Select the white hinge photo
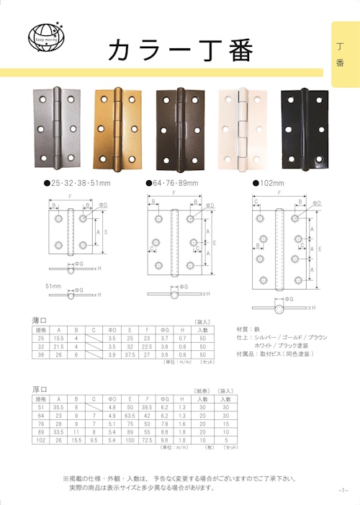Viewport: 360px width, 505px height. [x=241, y=128]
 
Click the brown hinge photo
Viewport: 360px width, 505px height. [x=179, y=128]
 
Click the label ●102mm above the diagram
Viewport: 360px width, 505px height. [x=269, y=183]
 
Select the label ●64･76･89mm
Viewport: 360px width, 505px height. [x=172, y=183]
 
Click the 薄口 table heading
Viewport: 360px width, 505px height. [x=40, y=321]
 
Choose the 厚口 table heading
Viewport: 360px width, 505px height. [x=40, y=389]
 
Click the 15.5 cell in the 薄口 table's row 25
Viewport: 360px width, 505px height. [x=57, y=338]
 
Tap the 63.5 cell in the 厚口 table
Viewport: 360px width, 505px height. [x=130, y=415]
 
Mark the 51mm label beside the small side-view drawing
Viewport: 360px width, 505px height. [x=53, y=286]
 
